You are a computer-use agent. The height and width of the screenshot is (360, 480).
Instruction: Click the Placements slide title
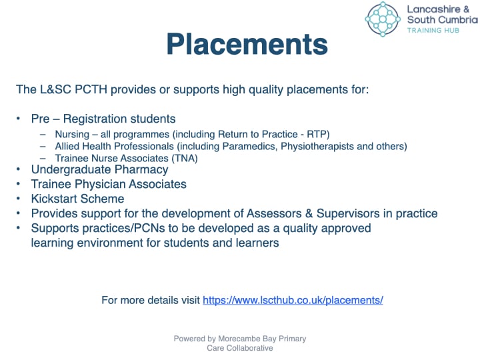point(247,45)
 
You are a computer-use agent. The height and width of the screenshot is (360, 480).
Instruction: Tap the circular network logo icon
point(383,19)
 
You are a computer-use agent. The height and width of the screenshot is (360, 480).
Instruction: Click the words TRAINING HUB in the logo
point(433,30)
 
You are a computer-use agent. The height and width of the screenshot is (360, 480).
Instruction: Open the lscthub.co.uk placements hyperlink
point(293,300)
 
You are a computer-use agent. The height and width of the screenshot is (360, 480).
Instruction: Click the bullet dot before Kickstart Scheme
point(19,199)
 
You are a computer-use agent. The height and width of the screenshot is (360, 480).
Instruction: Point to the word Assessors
point(274,214)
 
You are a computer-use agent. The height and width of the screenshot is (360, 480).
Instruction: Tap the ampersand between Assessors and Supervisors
point(309,214)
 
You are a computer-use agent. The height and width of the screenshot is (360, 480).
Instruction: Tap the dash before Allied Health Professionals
point(43,146)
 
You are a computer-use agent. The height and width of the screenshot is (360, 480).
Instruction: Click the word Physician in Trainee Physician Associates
point(100,185)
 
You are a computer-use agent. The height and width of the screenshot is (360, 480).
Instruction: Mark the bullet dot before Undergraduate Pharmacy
point(19,169)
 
